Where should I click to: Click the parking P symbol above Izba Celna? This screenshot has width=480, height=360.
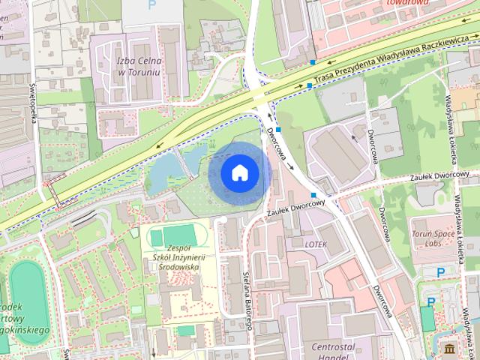tap(153, 4)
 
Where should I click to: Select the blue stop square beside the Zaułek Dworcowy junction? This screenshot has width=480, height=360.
tap(314, 195)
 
